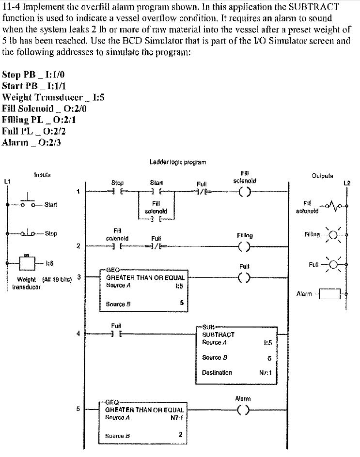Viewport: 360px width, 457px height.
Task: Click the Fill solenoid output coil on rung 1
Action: [x=245, y=192]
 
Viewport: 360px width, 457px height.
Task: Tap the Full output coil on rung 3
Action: [x=245, y=277]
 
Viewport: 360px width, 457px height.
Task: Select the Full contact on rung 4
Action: [x=117, y=334]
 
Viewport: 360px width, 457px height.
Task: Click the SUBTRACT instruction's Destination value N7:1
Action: [x=265, y=373]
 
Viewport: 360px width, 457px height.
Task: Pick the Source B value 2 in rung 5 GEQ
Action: [x=180, y=434]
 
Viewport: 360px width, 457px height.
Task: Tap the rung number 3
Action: [x=78, y=277]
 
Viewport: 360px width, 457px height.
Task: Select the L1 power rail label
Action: [x=7, y=182]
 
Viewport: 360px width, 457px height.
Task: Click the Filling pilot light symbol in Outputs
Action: [x=333, y=235]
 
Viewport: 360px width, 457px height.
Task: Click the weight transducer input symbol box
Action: [x=27, y=264]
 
